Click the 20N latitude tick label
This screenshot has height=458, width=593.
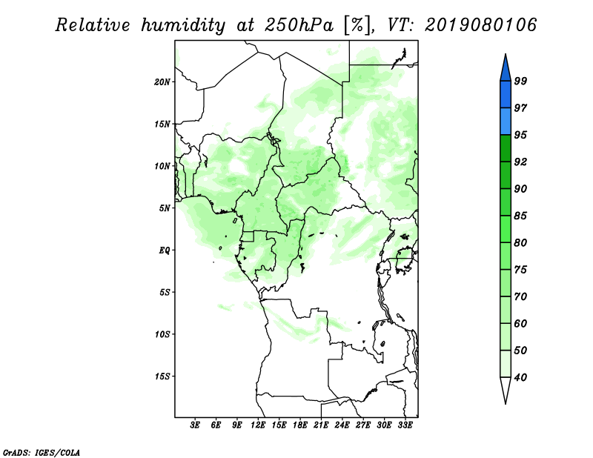[x=162, y=82]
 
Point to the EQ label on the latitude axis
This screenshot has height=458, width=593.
[x=165, y=250]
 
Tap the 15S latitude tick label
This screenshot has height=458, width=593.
[x=162, y=376]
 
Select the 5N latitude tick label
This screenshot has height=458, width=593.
[x=165, y=208]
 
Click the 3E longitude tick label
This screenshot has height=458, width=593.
[x=195, y=425]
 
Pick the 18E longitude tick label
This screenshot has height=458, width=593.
[x=300, y=425]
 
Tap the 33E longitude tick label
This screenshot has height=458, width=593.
[x=405, y=425]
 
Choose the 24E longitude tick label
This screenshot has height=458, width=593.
[x=342, y=425]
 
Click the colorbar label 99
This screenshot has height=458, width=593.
[x=520, y=81]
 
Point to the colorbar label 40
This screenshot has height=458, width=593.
[x=520, y=377]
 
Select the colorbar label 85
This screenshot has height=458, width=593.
[x=520, y=216]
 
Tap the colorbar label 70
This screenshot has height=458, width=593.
[x=520, y=296]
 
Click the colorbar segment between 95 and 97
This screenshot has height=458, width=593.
[x=506, y=122]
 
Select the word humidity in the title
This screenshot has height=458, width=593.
[x=183, y=25]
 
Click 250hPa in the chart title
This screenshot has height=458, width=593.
[x=299, y=25]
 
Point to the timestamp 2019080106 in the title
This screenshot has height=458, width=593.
[x=480, y=25]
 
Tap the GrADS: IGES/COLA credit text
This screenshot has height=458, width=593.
[x=42, y=452]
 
